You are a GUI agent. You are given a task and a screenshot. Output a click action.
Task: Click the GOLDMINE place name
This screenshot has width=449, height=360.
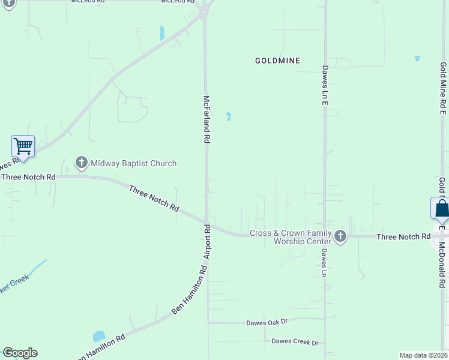277,61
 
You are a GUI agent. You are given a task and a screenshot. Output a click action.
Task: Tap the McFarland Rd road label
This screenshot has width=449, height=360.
206,119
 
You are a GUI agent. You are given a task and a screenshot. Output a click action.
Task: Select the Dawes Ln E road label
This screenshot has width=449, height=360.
325,86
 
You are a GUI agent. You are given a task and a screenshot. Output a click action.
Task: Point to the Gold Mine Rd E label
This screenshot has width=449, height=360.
443,88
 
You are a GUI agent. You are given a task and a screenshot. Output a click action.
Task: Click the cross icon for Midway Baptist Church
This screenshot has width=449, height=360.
81,163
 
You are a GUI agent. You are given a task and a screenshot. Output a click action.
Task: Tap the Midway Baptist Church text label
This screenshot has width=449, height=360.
133,163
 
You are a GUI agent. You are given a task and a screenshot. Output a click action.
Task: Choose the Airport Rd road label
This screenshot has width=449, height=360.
206,242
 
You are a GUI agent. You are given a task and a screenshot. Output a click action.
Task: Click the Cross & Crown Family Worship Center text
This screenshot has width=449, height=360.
291,237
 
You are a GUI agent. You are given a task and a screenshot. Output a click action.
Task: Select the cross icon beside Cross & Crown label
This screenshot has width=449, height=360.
340,236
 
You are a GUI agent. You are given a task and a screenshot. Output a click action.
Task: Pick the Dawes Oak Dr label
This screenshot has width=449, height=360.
267,323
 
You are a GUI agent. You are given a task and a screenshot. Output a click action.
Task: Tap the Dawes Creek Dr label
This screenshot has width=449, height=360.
295,342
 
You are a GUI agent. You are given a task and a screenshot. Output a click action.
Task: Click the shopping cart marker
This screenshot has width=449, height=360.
23,145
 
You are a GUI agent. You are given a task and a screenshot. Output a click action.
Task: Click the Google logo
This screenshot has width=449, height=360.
20,353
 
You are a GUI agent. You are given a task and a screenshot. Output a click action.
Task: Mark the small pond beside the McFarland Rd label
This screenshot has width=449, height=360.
228,116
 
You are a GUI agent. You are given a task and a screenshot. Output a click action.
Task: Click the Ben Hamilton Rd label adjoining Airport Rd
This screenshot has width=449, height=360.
188,294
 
